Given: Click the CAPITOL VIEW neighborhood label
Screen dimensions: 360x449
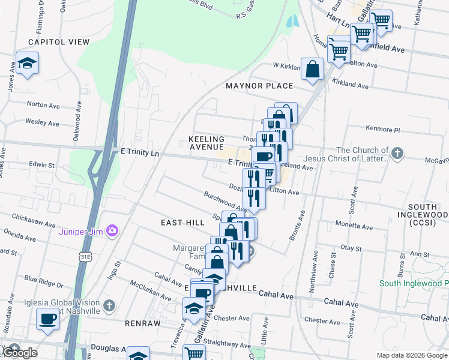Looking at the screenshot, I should (x=58, y=42).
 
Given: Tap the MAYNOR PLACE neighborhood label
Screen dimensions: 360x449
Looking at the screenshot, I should (x=259, y=86).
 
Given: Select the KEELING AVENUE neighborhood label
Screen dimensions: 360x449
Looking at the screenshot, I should (x=206, y=143).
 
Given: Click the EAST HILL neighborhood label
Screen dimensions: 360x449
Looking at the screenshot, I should (x=183, y=222).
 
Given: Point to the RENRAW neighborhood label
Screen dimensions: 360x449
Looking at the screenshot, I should (x=143, y=323).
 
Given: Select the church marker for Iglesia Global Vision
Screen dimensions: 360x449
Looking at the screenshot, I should (x=109, y=305).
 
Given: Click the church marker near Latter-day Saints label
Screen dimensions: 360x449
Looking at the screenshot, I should (x=396, y=154).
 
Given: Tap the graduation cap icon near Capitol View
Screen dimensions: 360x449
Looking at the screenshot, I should (x=27, y=63).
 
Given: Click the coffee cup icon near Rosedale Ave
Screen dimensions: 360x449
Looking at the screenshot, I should (x=47, y=318).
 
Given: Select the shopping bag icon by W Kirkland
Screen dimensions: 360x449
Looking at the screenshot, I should (x=313, y=68).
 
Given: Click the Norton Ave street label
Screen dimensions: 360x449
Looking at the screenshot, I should (x=44, y=105).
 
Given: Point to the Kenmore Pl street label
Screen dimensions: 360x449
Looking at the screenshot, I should (x=382, y=129).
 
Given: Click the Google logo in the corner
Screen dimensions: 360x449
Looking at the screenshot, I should (x=19, y=353).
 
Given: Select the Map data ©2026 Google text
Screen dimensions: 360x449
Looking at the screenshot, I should (x=411, y=355).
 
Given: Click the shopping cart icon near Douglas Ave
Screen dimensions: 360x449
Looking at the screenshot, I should (x=193, y=353).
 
